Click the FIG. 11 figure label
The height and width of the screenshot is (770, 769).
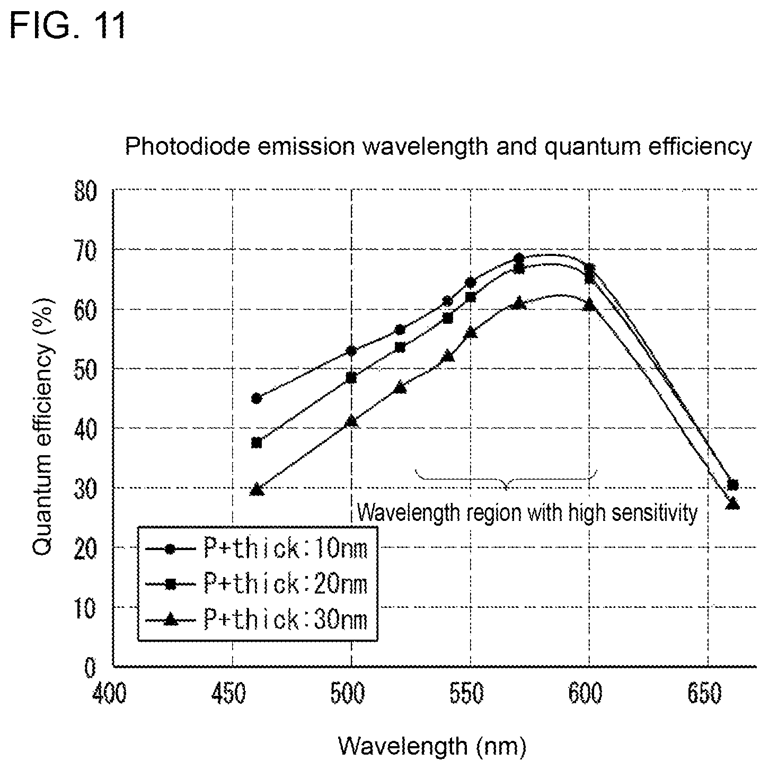click(67, 25)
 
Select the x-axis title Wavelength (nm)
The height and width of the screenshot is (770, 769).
click(432, 746)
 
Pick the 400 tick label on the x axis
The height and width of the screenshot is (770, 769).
click(109, 694)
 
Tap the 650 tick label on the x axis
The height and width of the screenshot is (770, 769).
click(705, 694)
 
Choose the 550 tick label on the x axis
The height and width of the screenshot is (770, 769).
click(466, 694)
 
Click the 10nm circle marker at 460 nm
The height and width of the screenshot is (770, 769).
click(257, 399)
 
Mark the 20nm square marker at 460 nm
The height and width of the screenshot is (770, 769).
click(257, 442)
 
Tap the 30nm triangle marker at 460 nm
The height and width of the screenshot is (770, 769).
click(257, 489)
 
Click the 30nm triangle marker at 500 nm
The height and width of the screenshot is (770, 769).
click(351, 421)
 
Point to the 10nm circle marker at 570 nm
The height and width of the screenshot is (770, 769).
click(519, 258)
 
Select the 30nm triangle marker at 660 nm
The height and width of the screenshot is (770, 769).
click(733, 503)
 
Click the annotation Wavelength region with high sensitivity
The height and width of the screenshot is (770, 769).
click(527, 512)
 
